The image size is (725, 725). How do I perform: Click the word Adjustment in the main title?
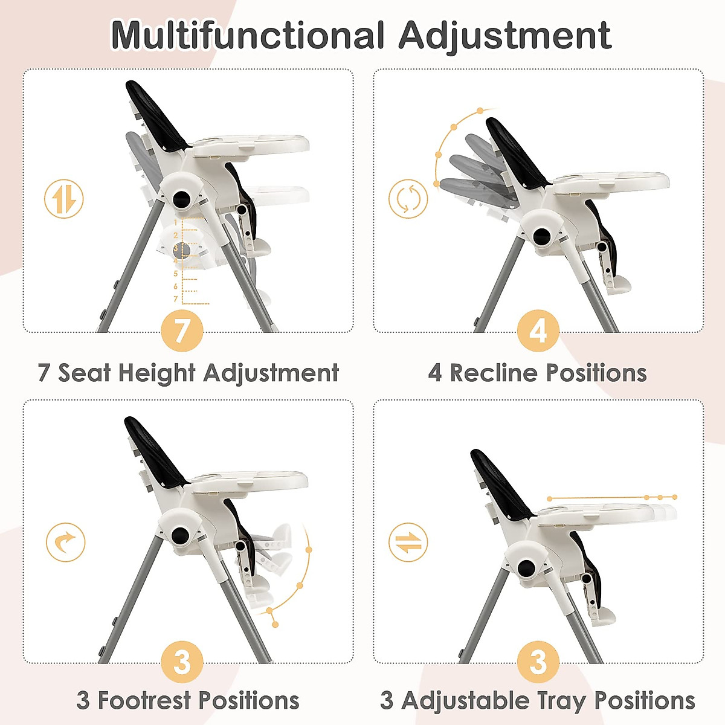tap(504, 36)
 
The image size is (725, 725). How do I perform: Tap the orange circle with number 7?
tap(182, 331)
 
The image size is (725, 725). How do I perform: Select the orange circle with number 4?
tap(538, 331)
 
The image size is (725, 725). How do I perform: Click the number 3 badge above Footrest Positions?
tap(182, 662)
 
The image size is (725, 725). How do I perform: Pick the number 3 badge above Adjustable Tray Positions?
tap(538, 662)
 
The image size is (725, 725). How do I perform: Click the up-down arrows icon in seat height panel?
tap(64, 199)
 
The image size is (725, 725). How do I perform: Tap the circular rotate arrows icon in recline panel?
tap(408, 199)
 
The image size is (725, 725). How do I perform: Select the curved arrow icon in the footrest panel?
tap(65, 542)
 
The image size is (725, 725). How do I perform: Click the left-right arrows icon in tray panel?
tap(408, 542)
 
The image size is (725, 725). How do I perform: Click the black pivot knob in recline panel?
tap(542, 236)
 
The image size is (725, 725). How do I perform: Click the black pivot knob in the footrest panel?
tap(179, 535)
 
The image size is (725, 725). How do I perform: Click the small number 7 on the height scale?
tap(176, 299)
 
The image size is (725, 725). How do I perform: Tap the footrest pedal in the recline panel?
tap(619, 284)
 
